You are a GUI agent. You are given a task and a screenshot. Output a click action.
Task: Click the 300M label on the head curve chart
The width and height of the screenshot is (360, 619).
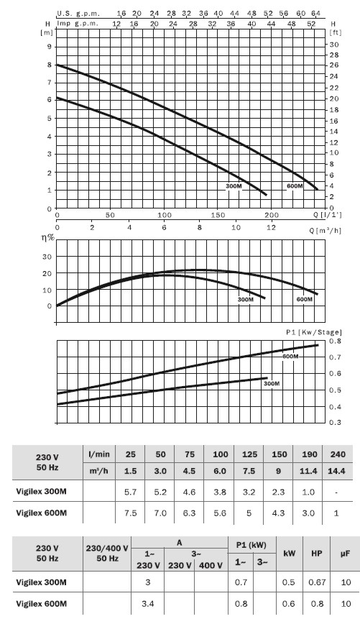[x=234, y=186]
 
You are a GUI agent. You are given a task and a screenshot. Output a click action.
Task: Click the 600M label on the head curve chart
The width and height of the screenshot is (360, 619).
[x=295, y=185]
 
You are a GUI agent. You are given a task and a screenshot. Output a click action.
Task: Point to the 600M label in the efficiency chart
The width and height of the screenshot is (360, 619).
[x=305, y=299]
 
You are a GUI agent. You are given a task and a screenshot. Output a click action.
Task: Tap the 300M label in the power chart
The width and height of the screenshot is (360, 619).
[x=272, y=383]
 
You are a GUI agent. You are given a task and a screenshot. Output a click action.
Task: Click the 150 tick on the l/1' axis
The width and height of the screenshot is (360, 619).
[x=218, y=215]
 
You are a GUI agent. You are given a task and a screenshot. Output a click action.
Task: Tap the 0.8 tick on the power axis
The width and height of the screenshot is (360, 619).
[x=335, y=341]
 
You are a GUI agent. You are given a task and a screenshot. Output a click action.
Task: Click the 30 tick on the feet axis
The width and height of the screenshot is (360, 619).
[x=334, y=45]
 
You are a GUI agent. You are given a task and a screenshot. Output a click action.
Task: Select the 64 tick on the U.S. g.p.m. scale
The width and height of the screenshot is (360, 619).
[x=315, y=14]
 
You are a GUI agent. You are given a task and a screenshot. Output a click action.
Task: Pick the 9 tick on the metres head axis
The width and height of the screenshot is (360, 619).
[x=50, y=47]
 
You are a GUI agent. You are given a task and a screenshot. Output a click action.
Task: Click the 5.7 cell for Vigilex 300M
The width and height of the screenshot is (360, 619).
[x=130, y=492]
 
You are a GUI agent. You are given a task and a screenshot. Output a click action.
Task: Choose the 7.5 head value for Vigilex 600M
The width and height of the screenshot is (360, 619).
[x=130, y=513]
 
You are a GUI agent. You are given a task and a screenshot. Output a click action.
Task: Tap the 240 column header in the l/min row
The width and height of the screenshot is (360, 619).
[x=338, y=454]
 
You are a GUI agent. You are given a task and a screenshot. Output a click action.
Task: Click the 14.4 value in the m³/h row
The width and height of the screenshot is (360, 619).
[x=338, y=471]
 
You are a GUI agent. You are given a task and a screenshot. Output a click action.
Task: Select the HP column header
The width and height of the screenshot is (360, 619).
[x=317, y=554]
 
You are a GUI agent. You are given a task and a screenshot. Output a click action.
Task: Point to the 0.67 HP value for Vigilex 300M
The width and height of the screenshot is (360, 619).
[x=317, y=582]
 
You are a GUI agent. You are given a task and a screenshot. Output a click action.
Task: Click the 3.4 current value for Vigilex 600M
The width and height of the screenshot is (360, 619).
[x=147, y=604]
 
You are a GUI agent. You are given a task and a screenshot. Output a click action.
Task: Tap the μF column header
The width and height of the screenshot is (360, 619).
[x=346, y=554]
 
